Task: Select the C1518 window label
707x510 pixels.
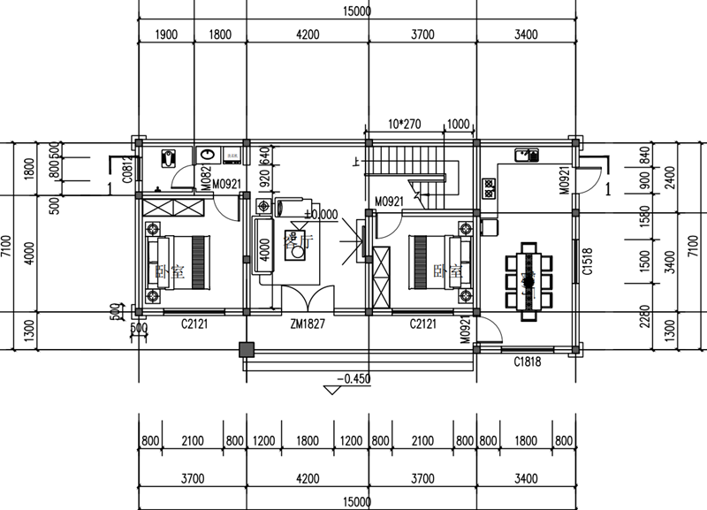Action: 586,261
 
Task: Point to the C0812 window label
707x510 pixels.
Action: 128,174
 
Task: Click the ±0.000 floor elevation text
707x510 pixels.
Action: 322,214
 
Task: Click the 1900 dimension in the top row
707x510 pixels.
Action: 166,35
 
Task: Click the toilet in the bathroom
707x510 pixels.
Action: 168,159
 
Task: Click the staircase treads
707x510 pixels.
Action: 407,161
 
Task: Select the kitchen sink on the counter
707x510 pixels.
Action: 527,155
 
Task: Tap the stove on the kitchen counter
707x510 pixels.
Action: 489,187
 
